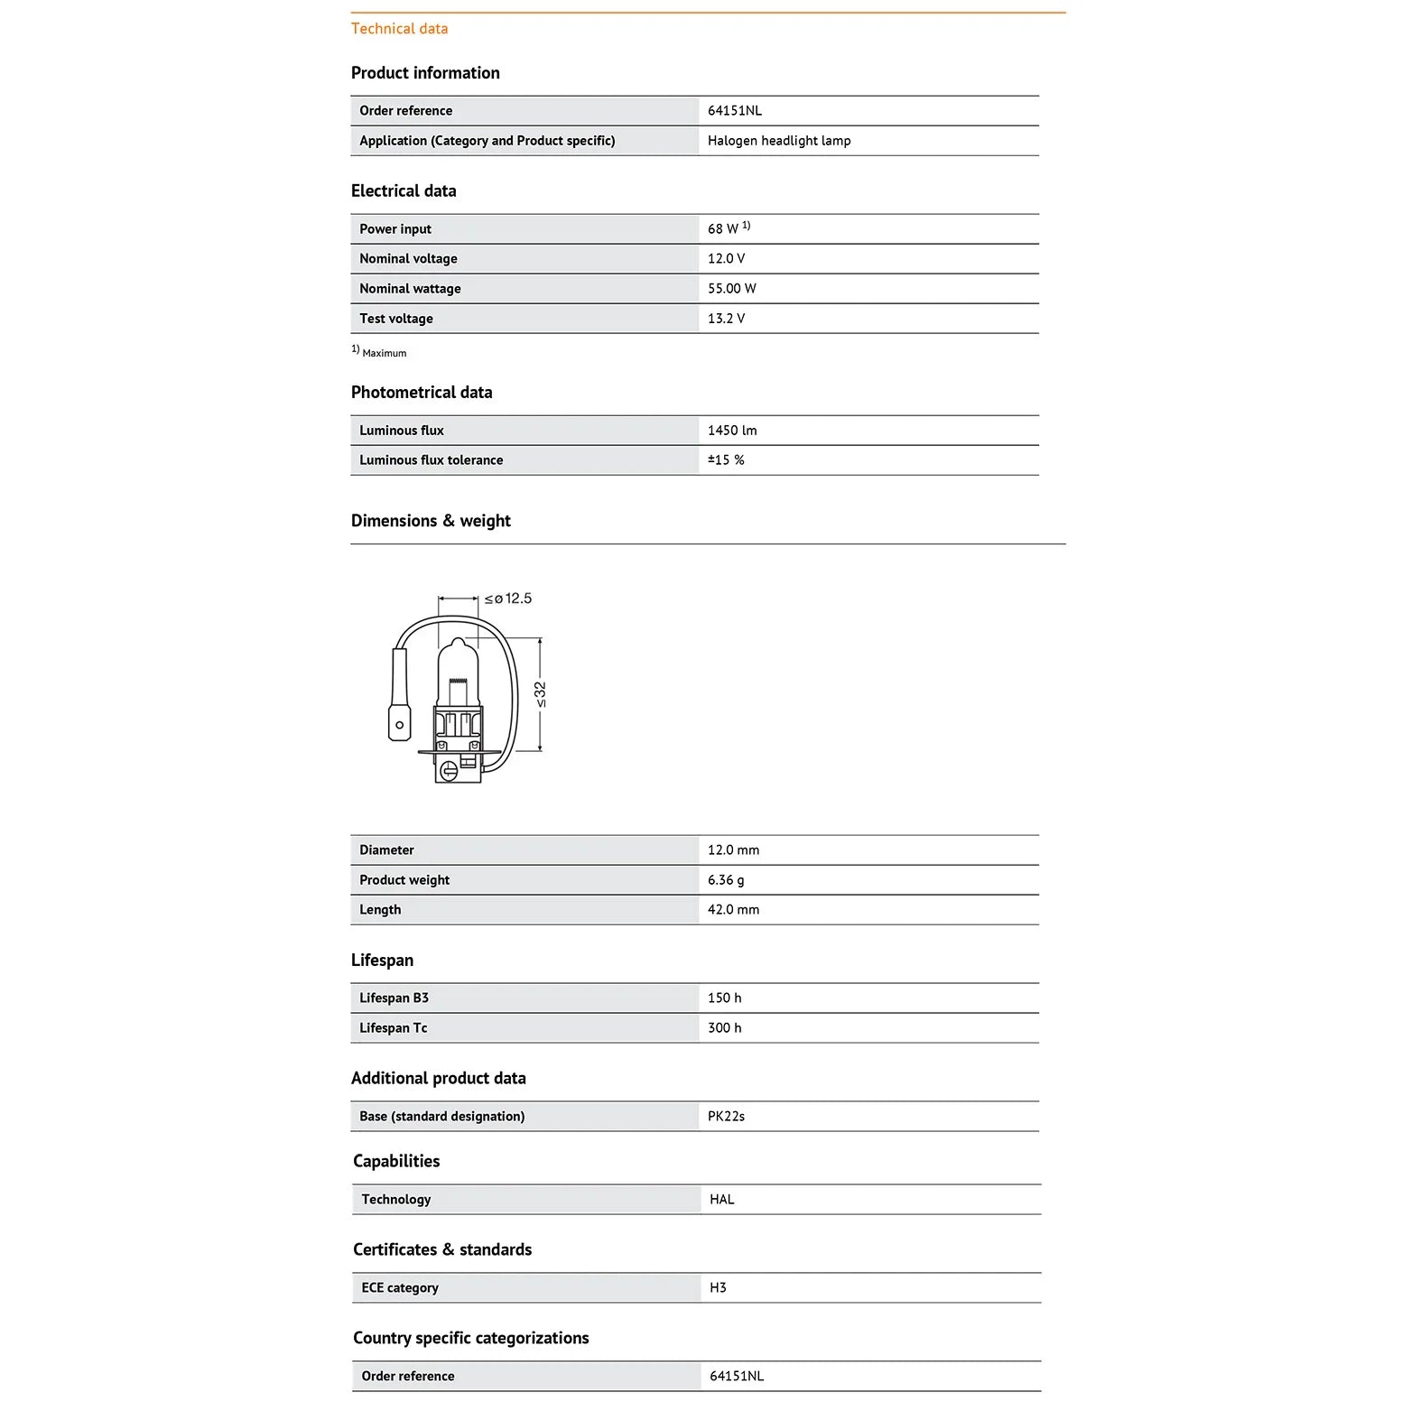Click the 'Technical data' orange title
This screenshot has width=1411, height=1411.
(x=399, y=29)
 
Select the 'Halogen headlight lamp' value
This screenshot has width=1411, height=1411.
(x=778, y=141)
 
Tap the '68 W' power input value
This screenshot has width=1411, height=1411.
(x=723, y=229)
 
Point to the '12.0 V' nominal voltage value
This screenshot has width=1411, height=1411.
(x=726, y=259)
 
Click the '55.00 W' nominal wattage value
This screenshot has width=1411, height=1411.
(x=731, y=289)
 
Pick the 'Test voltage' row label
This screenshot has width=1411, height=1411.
(x=395, y=319)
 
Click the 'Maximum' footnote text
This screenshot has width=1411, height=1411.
(x=384, y=353)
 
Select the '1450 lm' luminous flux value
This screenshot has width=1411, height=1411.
(x=732, y=431)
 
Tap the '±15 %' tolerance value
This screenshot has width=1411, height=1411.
(x=726, y=460)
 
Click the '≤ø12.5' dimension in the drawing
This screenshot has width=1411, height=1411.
(x=508, y=599)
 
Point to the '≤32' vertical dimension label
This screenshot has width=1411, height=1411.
(x=540, y=694)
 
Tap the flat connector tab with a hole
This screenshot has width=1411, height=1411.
(x=399, y=723)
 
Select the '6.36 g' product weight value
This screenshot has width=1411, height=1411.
(x=726, y=880)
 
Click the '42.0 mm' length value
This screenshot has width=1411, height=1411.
(x=733, y=910)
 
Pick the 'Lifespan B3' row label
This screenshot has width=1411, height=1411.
(x=394, y=998)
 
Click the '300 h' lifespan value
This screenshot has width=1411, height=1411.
(x=724, y=1028)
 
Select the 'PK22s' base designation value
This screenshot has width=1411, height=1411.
(x=726, y=1117)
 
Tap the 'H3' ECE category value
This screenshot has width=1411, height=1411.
(x=718, y=1288)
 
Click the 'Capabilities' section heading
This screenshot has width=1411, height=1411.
(x=396, y=1161)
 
